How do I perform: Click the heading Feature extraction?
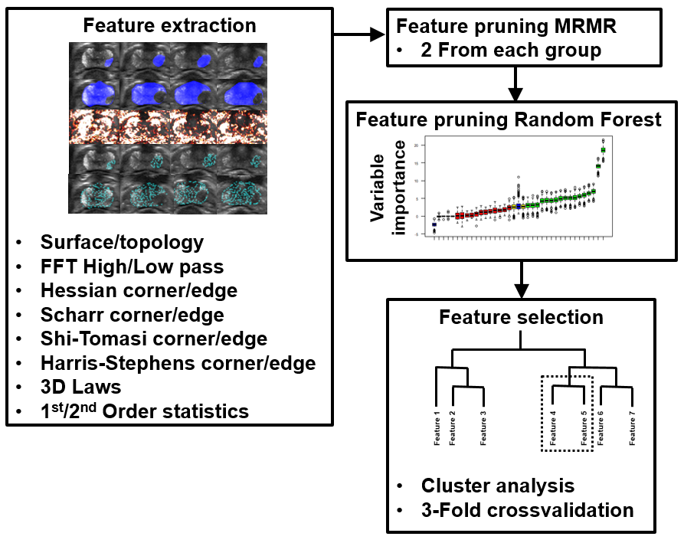[169, 25]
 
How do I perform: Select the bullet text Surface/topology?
[122, 243]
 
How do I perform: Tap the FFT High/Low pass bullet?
[132, 267]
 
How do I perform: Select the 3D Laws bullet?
[80, 387]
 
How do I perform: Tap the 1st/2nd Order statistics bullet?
[145, 411]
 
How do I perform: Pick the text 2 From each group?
[511, 51]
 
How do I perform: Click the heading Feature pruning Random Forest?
[509, 120]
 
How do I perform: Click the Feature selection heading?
[520, 317]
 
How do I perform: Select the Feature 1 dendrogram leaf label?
[437, 427]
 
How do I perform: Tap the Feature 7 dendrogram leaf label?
[633, 427]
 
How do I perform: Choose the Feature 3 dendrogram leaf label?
[483, 427]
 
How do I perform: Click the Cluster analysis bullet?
[498, 485]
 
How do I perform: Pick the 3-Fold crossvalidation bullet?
[527, 509]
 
